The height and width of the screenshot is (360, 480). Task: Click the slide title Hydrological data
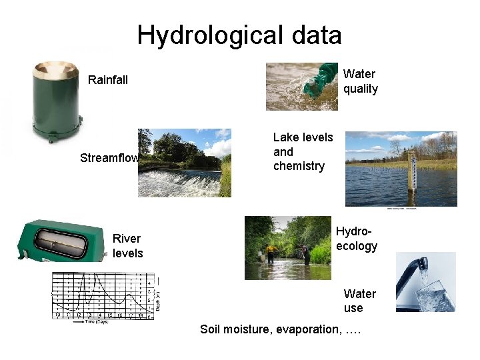click(x=239, y=35)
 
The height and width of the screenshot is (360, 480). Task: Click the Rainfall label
click(x=108, y=80)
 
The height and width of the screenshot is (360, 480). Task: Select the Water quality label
click(x=360, y=81)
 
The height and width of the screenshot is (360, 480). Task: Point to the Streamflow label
click(x=109, y=158)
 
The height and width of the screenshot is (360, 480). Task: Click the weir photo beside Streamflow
click(x=185, y=163)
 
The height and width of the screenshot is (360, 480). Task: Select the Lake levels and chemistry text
click(x=303, y=151)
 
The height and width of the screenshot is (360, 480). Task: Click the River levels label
click(x=127, y=246)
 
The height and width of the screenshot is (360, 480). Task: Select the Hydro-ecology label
click(x=356, y=239)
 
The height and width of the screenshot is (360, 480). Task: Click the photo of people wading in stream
click(x=288, y=247)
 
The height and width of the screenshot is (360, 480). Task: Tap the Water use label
click(x=359, y=301)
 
